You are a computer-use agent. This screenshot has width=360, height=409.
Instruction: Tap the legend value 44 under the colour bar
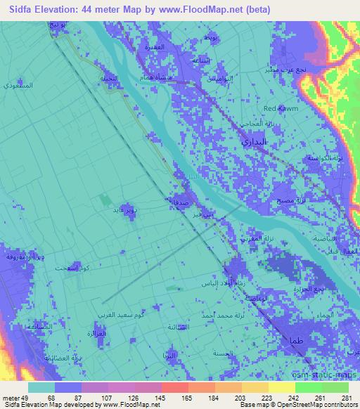click(28, 399)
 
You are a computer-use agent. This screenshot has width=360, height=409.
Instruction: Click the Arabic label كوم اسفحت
click(68, 268)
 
